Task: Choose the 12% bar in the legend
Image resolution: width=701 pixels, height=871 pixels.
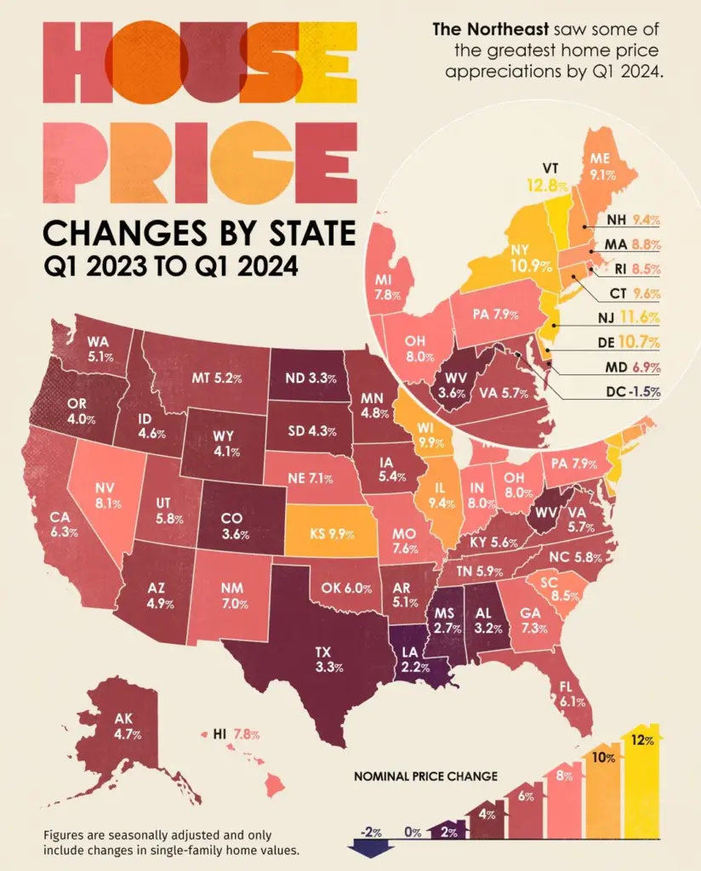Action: coord(643,783)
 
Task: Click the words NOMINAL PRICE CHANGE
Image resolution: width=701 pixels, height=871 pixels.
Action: coord(425,776)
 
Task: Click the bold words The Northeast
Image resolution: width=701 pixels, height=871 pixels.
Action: coord(479,30)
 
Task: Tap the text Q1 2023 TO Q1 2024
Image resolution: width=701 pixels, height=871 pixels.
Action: coord(171,266)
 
